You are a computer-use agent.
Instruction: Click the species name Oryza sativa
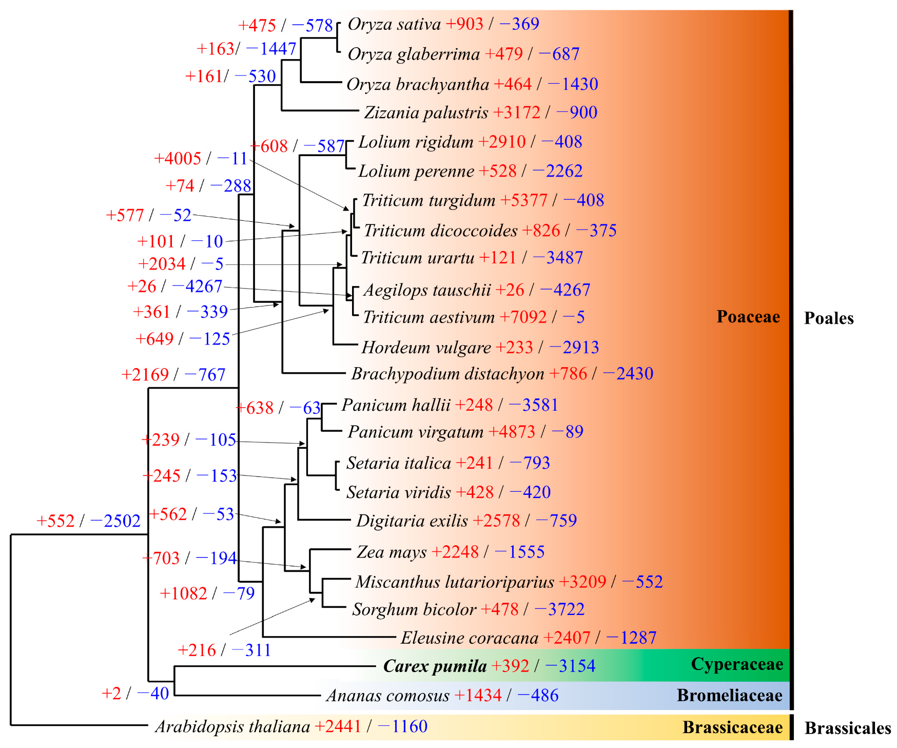394,24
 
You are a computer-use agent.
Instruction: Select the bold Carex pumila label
435,666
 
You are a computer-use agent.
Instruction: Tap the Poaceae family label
748,317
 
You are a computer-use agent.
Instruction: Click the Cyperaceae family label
736,664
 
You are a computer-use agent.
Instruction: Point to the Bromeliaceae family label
729,695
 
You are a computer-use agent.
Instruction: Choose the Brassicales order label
847,728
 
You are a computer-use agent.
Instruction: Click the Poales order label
828,318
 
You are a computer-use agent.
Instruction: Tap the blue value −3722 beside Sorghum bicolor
559,609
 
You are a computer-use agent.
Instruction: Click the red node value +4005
178,158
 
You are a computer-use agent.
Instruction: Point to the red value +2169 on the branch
145,374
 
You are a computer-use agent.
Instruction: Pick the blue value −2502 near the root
115,521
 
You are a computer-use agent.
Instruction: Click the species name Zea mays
392,552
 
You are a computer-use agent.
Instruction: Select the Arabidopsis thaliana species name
232,726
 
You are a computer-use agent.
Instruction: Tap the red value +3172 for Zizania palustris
517,112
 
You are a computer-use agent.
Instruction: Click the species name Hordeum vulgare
426,348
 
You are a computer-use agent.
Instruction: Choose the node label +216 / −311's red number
197,650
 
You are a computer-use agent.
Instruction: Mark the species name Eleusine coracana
469,638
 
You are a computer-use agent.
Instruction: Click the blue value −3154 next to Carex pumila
570,666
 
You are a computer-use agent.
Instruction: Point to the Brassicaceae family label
732,727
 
